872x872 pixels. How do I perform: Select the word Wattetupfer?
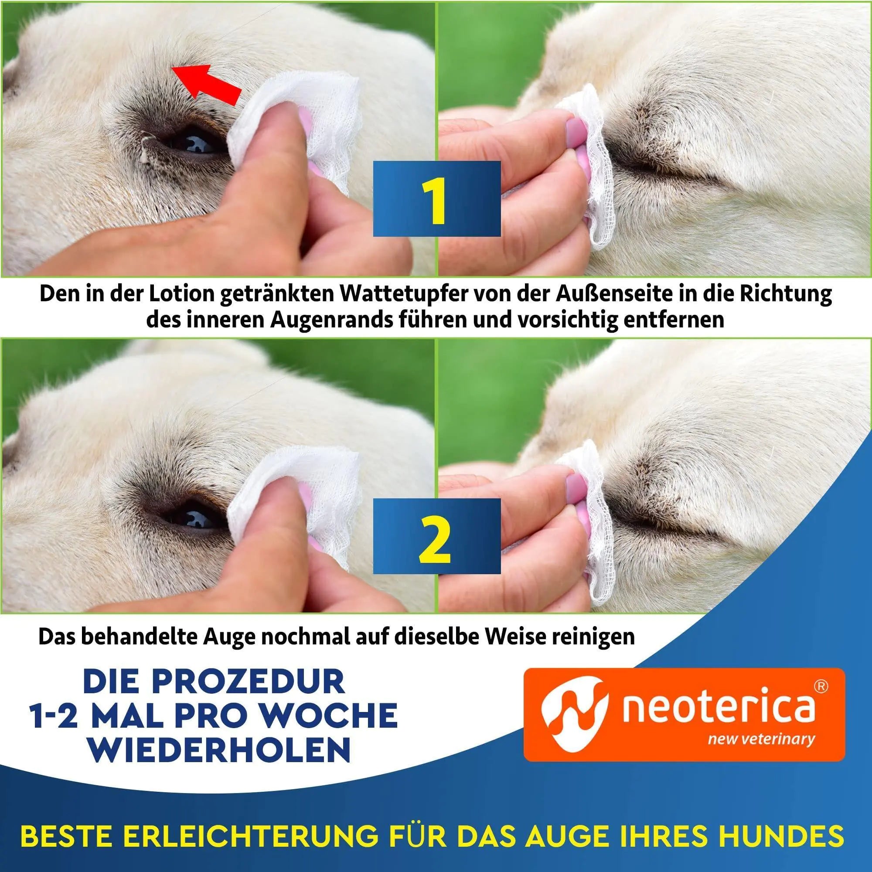(x=405, y=294)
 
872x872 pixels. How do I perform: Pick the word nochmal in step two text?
(x=305, y=637)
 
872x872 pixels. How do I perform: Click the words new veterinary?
(x=761, y=739)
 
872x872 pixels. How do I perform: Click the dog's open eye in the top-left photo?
(x=194, y=143)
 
